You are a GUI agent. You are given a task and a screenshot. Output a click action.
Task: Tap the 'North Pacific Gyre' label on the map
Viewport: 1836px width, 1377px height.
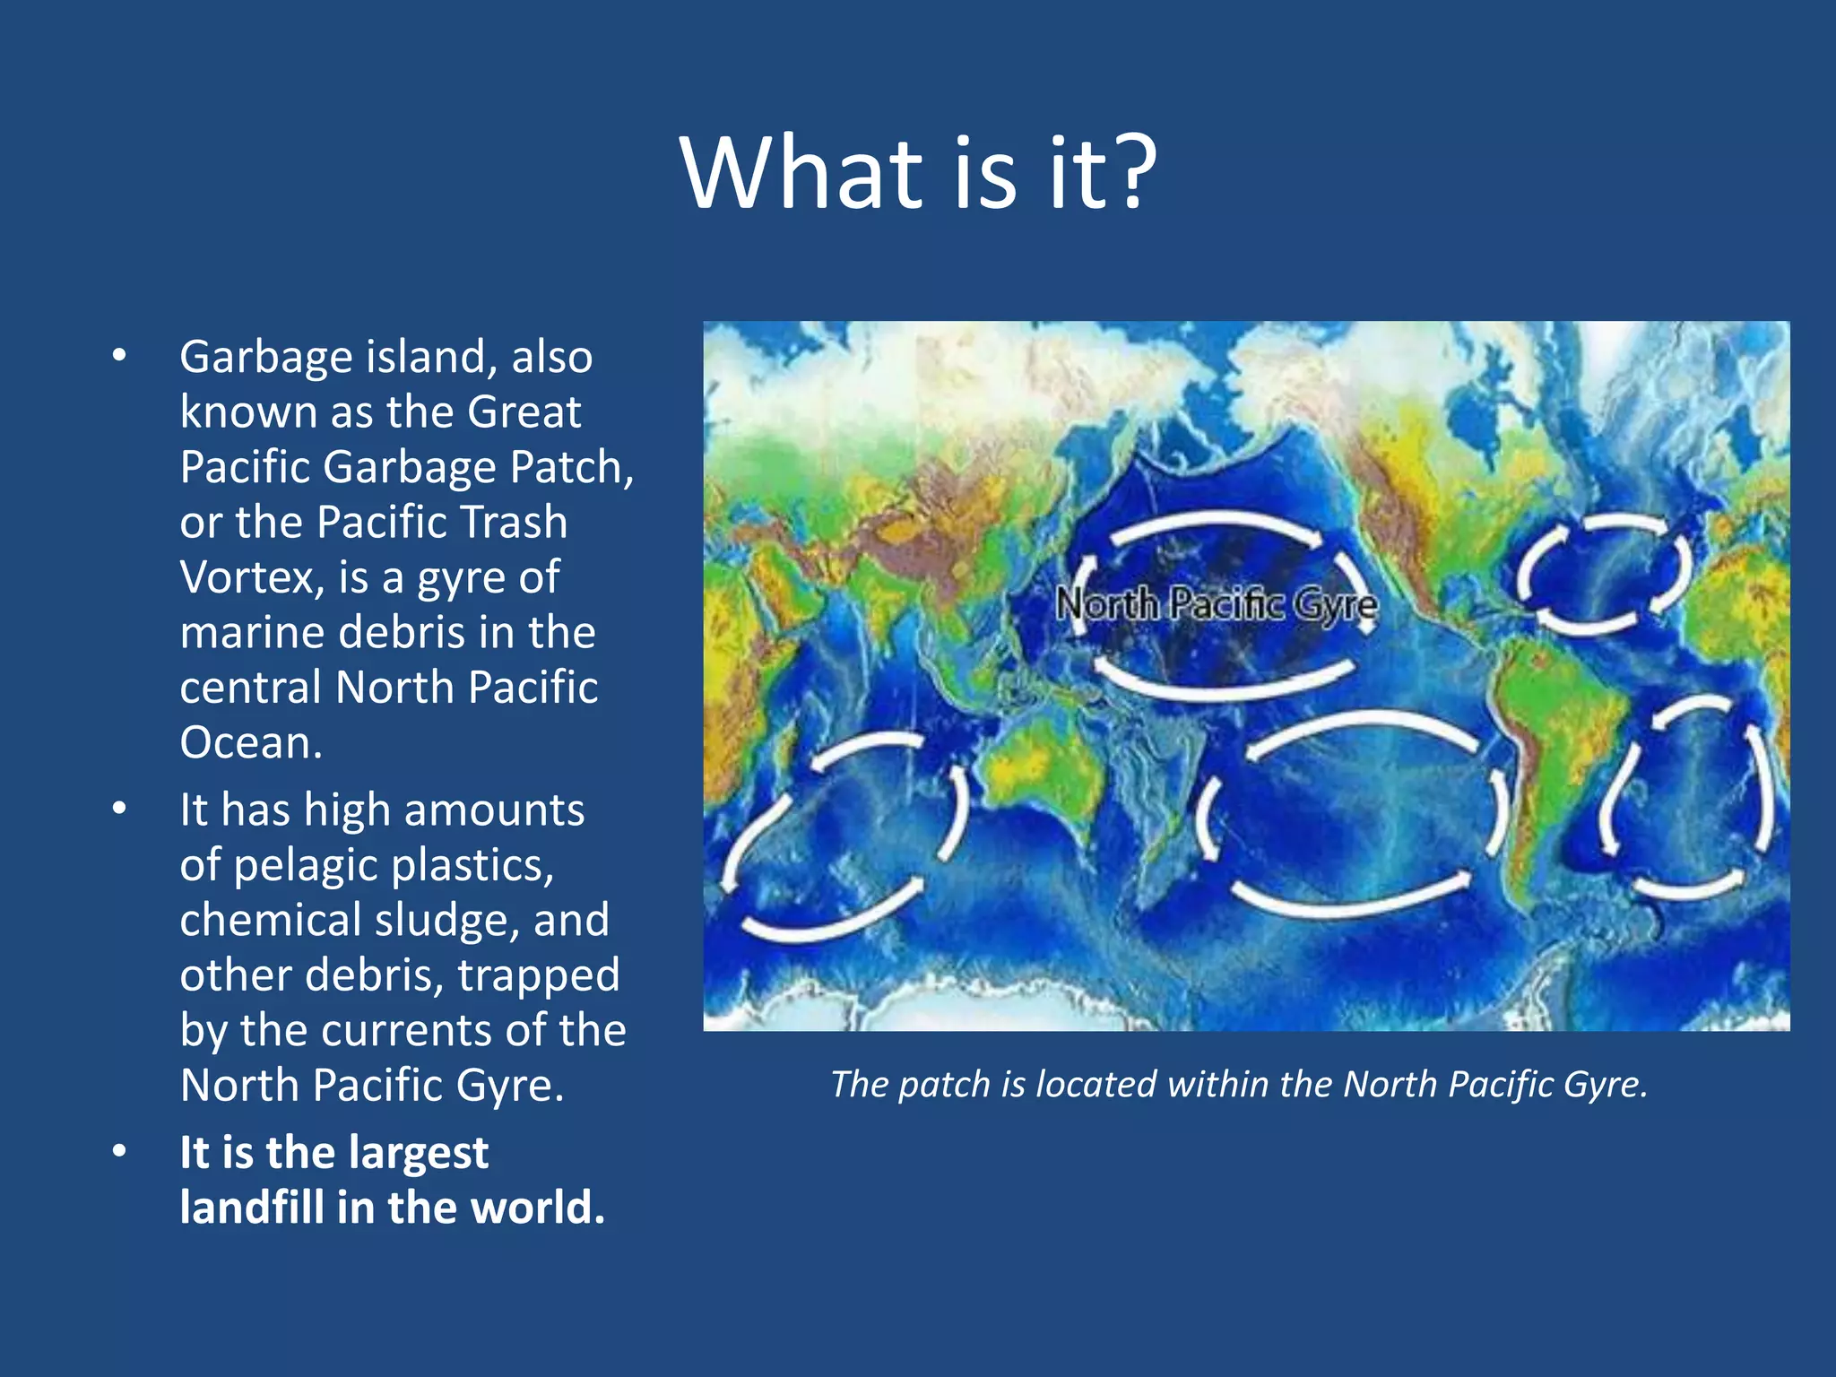[1216, 604]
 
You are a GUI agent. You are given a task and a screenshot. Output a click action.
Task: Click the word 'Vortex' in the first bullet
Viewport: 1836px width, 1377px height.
[252, 577]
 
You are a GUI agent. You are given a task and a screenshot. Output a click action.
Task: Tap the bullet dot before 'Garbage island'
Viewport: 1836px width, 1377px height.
[120, 357]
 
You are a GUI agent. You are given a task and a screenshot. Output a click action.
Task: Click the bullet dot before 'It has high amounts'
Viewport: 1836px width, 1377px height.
[120, 810]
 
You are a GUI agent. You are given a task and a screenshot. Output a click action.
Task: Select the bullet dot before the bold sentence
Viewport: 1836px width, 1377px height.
[120, 1152]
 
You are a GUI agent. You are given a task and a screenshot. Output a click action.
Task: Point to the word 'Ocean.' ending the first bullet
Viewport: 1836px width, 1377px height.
[251, 742]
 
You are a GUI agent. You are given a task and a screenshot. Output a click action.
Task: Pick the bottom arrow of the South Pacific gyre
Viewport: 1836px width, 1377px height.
[1349, 901]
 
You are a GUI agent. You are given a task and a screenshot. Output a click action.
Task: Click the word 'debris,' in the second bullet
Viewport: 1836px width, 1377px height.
[375, 975]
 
